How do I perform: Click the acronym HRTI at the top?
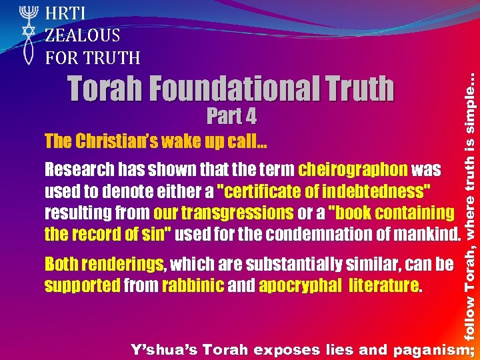click(67, 13)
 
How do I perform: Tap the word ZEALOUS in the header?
click(82, 35)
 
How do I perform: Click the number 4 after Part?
click(250, 117)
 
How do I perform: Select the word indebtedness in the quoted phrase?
click(376, 191)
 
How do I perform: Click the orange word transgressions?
click(223, 213)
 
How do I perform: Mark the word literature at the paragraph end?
click(385, 287)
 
